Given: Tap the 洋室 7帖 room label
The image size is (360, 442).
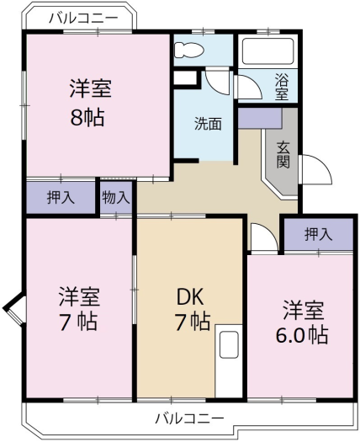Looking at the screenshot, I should (x=78, y=309).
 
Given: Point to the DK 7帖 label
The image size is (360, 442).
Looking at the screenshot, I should (x=192, y=309).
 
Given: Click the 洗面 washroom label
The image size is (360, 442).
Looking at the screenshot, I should (x=209, y=123).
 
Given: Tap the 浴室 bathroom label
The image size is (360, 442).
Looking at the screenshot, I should (x=282, y=88).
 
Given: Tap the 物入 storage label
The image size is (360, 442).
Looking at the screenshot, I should (x=116, y=198).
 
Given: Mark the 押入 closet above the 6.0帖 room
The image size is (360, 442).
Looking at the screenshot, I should (x=317, y=233).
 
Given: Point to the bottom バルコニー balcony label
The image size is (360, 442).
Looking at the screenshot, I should (x=189, y=418).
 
